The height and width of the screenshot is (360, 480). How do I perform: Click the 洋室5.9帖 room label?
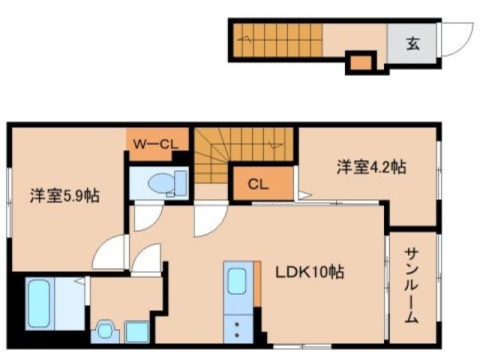point(64,196)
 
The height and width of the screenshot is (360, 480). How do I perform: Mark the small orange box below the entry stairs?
point(360,62)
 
